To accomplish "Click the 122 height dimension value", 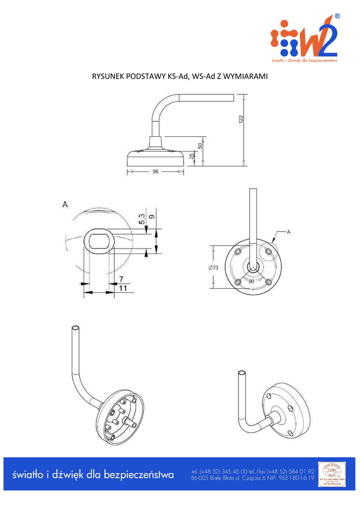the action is click(x=241, y=119).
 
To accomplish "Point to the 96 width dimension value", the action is click(x=155, y=171).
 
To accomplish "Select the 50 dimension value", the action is click(x=200, y=146).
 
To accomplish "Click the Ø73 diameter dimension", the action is click(x=212, y=267).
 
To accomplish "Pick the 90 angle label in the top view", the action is click(x=251, y=281).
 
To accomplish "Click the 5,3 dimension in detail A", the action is click(x=142, y=219).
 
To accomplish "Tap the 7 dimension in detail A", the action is click(x=121, y=279).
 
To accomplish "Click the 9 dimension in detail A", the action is click(x=152, y=216).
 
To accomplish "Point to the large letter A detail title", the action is click(x=65, y=204).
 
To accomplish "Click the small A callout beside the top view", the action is click(x=288, y=232).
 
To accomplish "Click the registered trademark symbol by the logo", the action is click(x=338, y=16).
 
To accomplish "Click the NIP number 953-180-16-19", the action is click(x=294, y=478).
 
